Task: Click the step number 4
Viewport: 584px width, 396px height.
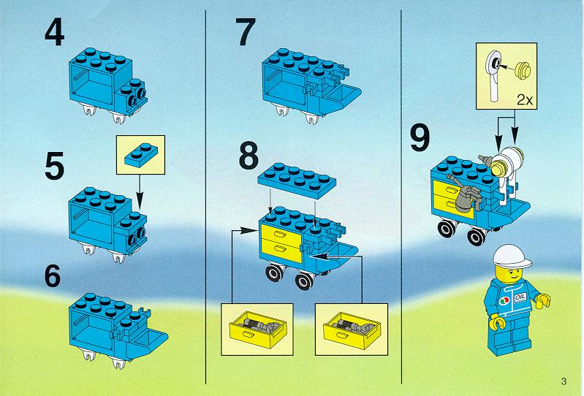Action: [55, 33]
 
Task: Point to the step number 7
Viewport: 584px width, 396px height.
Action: [246, 33]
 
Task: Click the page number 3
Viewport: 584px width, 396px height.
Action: [564, 381]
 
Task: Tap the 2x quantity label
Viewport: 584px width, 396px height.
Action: [525, 100]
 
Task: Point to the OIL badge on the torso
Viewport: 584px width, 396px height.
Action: [520, 297]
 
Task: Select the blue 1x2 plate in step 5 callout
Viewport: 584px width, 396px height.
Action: [141, 153]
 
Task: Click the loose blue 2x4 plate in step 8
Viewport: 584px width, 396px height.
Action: [297, 180]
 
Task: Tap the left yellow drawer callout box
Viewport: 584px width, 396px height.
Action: [257, 329]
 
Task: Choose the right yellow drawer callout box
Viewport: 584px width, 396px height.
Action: [352, 329]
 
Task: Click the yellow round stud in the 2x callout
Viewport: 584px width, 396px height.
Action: [523, 71]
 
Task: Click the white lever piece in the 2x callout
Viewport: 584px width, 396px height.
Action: [494, 75]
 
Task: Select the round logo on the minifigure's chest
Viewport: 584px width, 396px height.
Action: [504, 300]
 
